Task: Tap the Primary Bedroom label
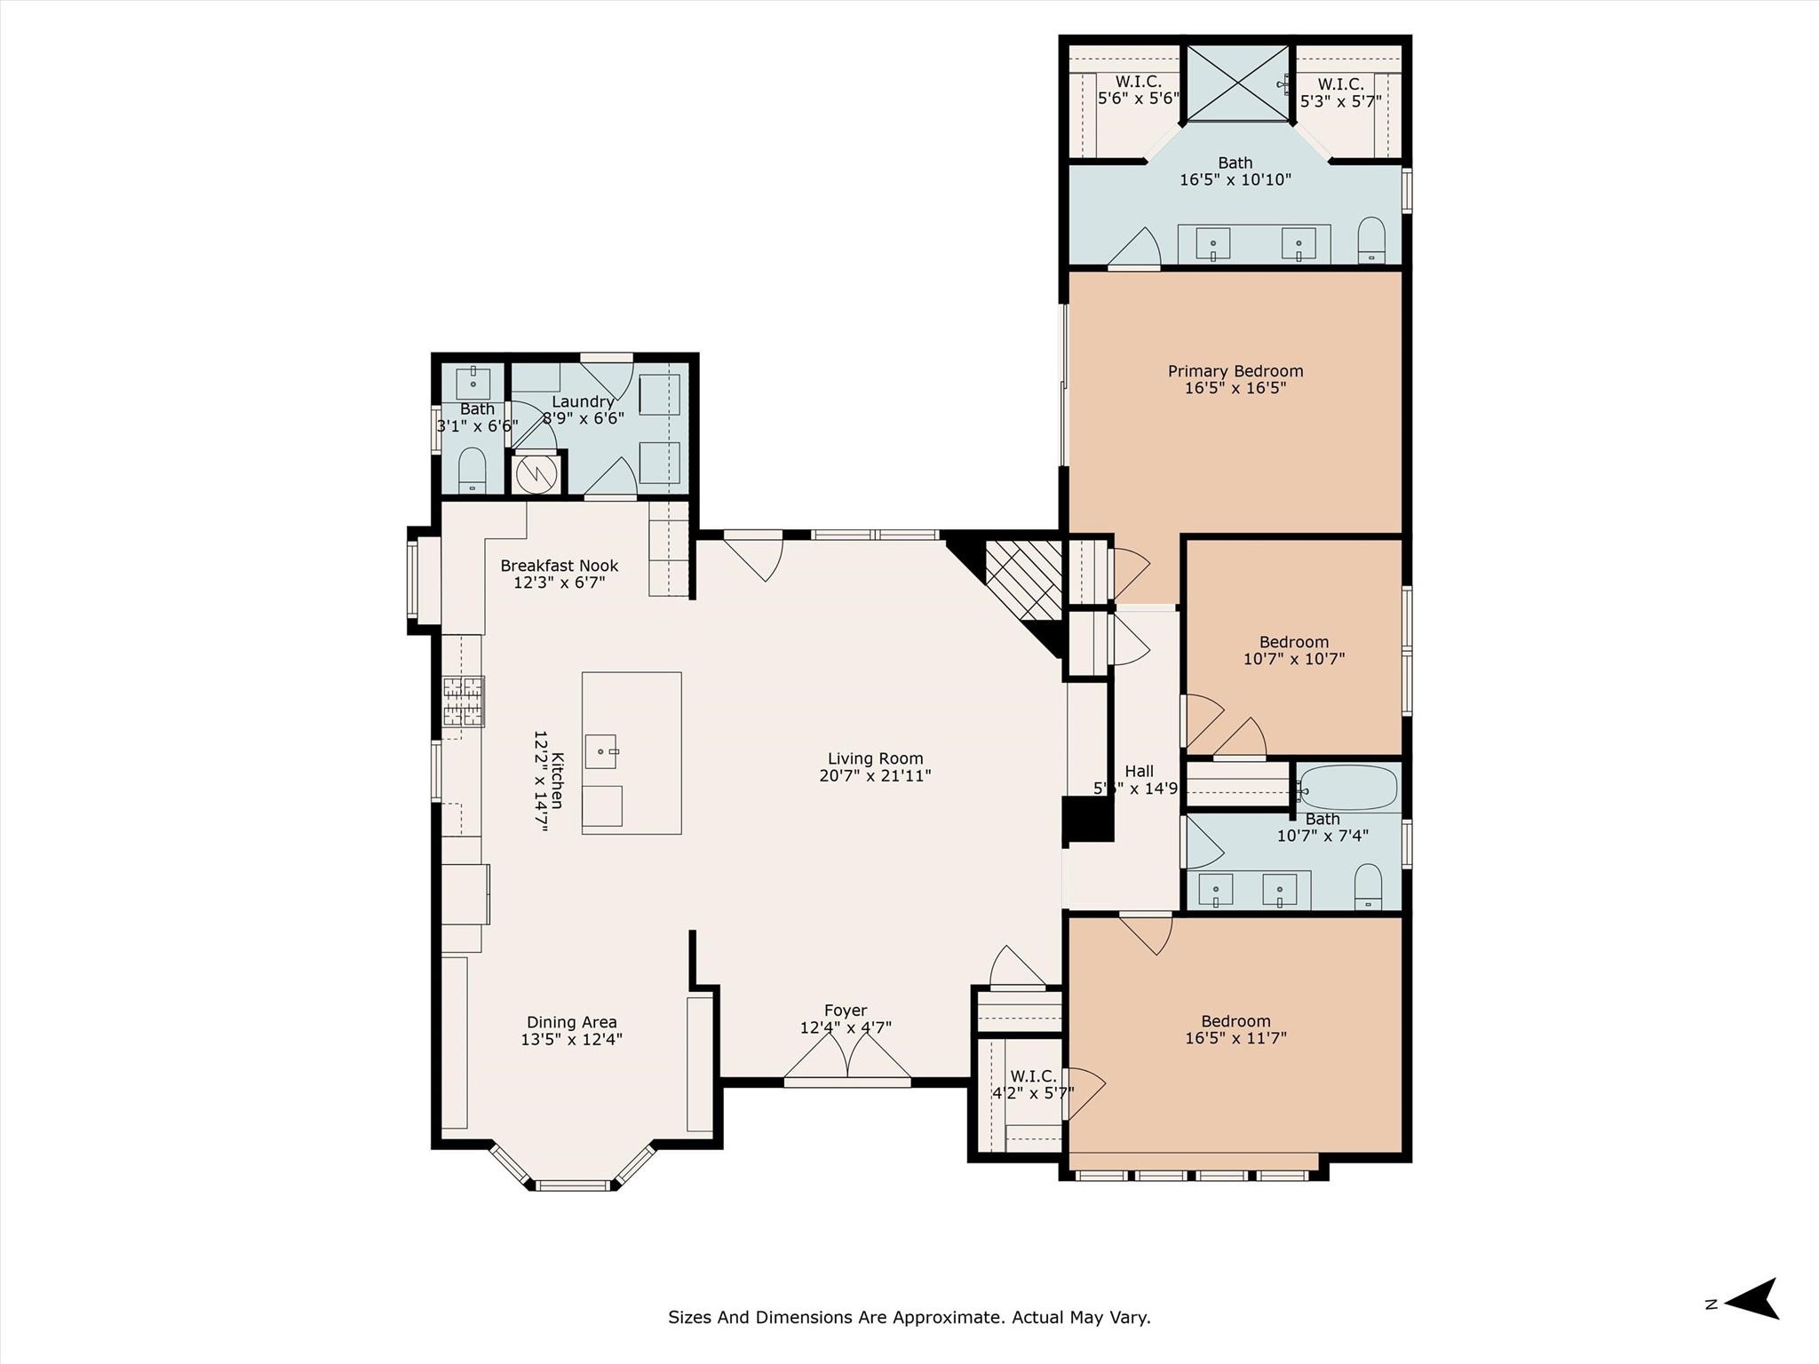tap(1235, 371)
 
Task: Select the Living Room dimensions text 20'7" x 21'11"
tap(875, 776)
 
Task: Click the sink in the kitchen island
tap(601, 751)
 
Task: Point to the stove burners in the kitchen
tap(464, 702)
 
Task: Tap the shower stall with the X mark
tap(1237, 82)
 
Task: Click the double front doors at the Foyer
tap(847, 1061)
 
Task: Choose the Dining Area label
tap(571, 1022)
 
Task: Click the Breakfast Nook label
tap(559, 566)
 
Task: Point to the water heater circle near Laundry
tap(536, 473)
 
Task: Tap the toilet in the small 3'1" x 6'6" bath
tap(473, 468)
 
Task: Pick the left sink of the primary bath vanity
tap(1212, 242)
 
